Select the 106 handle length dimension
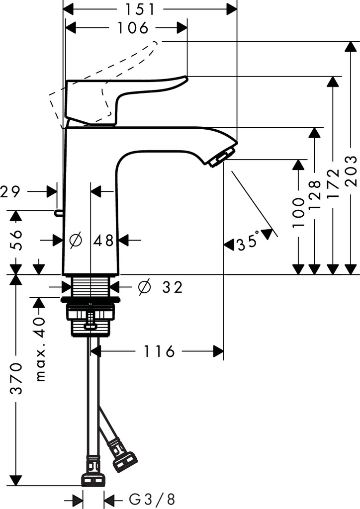(133, 28)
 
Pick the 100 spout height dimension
(298, 213)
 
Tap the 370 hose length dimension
(17, 379)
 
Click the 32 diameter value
(172, 287)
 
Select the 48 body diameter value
(103, 241)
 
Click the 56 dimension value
(17, 241)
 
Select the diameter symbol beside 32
(145, 287)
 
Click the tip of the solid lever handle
(185, 78)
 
